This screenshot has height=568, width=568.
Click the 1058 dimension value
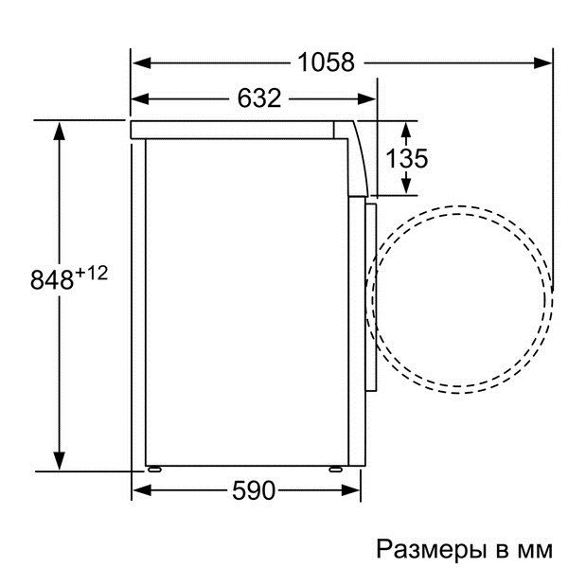[x=327, y=63]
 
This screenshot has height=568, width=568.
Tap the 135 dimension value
[x=408, y=158]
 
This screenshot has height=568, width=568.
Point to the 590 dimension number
[x=253, y=490]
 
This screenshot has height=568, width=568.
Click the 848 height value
[x=52, y=280]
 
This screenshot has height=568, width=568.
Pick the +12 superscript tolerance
[x=93, y=273]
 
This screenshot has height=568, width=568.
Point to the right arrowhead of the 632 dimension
[x=370, y=98]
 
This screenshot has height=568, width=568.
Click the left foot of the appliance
[x=152, y=468]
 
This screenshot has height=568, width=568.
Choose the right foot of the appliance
[x=337, y=468]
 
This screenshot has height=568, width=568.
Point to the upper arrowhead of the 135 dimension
[x=408, y=127]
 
